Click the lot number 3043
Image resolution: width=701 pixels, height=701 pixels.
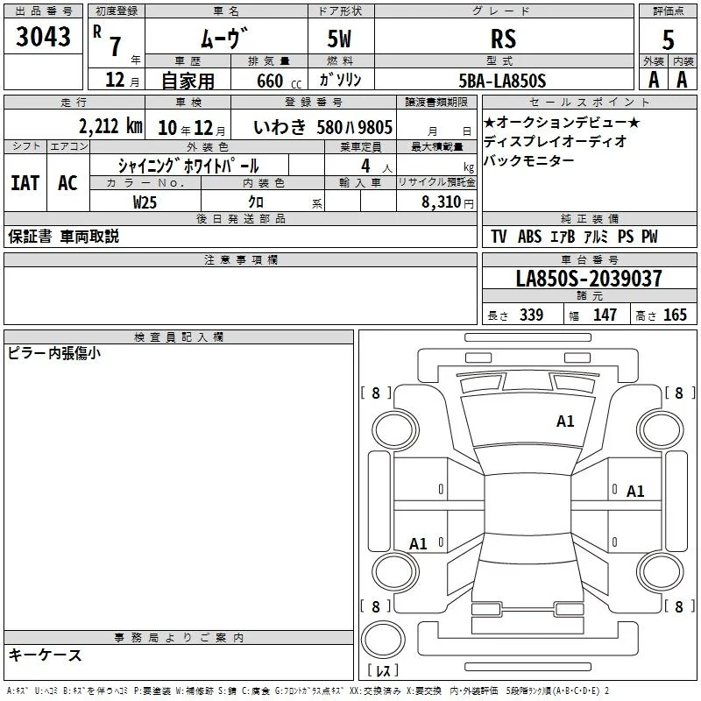43,36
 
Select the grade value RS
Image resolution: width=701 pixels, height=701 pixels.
503,39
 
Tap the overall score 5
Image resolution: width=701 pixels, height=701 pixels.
668,39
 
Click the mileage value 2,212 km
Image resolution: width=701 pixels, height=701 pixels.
110,126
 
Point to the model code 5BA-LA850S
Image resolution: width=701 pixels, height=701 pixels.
502,81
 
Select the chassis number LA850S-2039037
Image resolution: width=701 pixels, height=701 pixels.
589,278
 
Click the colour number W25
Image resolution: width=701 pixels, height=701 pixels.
145,202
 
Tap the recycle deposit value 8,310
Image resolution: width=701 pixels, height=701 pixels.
442,202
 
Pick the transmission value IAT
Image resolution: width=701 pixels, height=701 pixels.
25,183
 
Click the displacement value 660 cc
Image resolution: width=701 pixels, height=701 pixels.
279,81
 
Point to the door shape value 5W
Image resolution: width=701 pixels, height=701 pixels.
339,39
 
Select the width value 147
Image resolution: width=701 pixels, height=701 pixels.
605,315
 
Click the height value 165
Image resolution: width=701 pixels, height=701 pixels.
675,315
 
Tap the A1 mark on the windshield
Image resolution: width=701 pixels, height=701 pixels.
565,421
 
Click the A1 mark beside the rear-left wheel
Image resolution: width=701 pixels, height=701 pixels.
419,544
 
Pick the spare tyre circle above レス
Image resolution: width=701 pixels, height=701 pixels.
383,640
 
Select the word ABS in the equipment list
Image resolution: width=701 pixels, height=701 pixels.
529,237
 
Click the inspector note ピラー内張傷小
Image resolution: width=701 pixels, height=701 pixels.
54,353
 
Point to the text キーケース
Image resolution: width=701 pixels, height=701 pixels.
46,655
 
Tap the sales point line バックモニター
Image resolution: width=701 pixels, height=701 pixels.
529,160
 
